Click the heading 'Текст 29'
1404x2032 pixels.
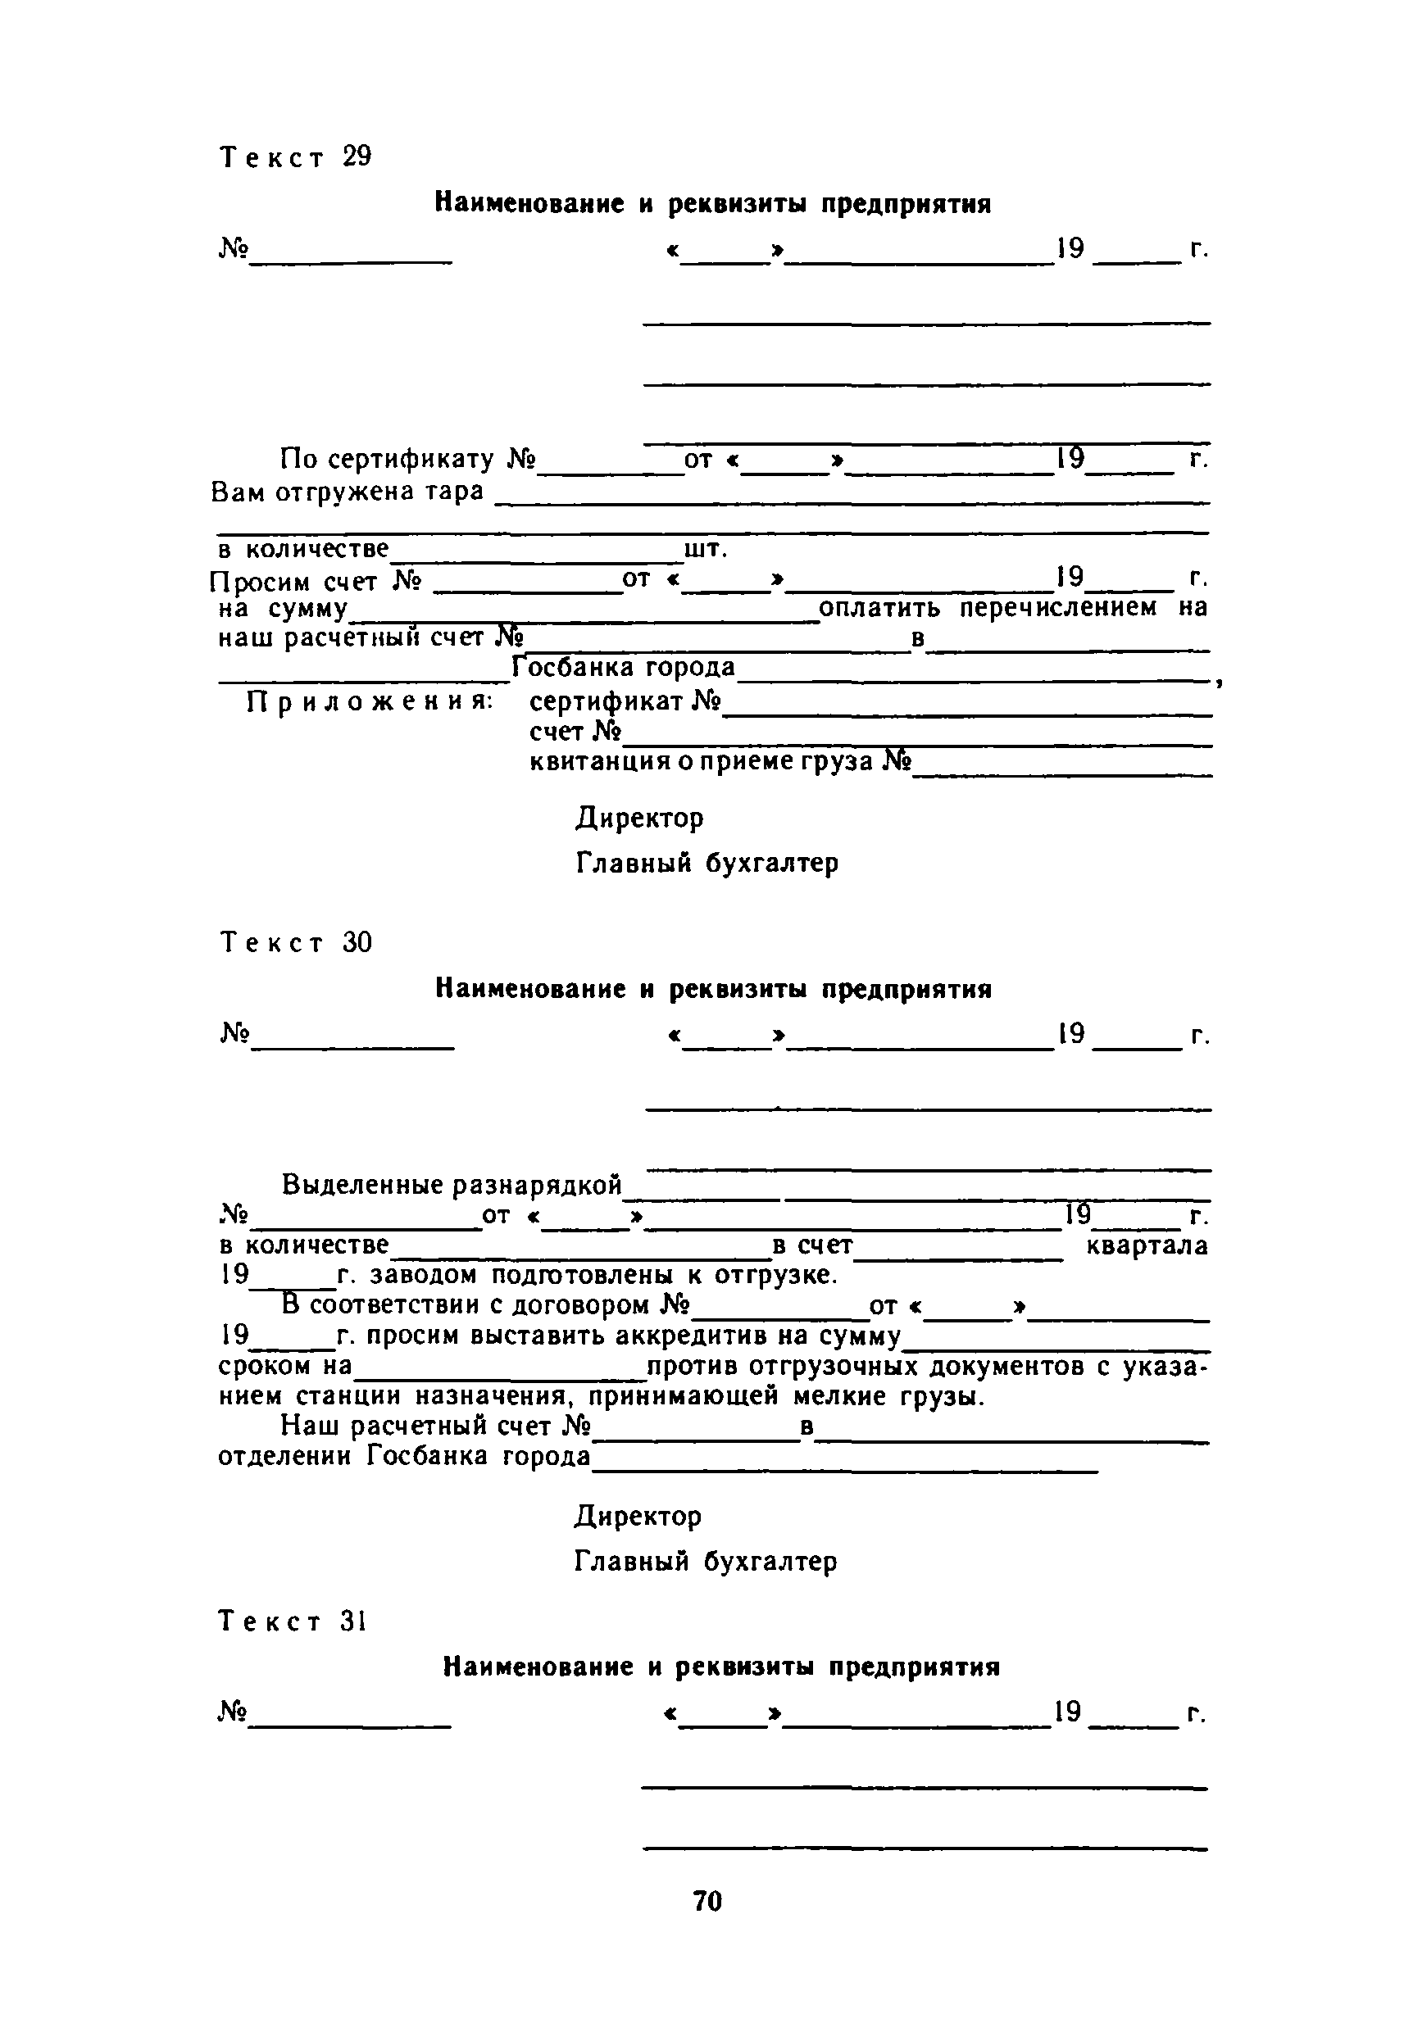click(296, 157)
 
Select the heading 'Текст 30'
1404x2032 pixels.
click(296, 943)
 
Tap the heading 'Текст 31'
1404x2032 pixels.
click(292, 1621)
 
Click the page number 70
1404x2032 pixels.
click(707, 1901)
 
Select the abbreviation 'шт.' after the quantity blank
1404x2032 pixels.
click(706, 550)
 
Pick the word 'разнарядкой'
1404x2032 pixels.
click(537, 1186)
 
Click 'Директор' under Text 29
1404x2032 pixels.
click(639, 819)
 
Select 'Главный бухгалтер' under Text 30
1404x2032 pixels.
click(706, 1562)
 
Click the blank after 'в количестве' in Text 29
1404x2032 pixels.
click(537, 558)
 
